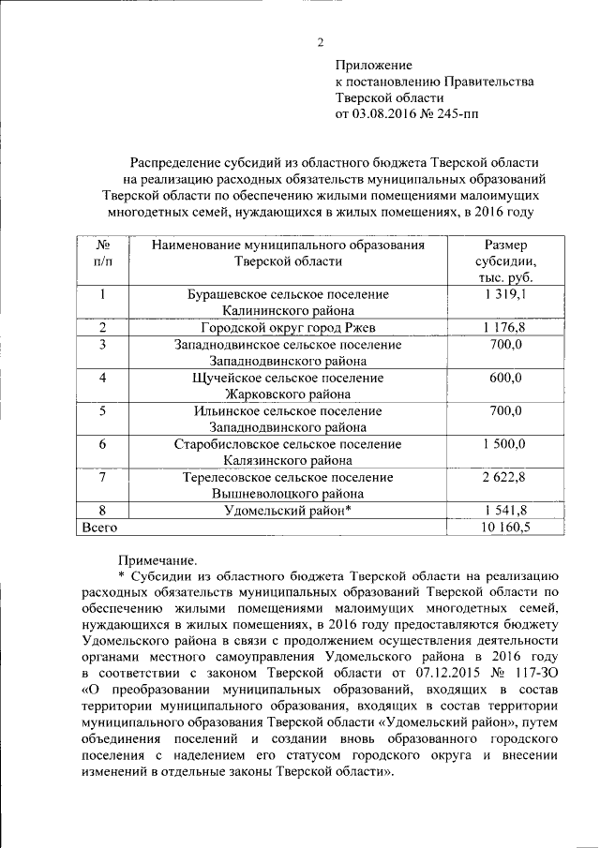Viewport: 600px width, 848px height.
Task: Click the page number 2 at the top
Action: click(x=319, y=41)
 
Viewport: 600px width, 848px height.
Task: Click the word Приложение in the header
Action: click(x=373, y=65)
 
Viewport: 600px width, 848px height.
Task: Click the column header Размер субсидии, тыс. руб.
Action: click(x=505, y=261)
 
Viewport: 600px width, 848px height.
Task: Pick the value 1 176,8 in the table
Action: click(x=505, y=328)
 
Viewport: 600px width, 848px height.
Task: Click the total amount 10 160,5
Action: click(x=505, y=528)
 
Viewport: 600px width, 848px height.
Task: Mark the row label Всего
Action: click(x=99, y=528)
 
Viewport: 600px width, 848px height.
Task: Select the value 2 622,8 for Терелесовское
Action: click(x=505, y=477)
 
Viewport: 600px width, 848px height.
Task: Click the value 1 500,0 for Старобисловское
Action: click(x=505, y=444)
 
